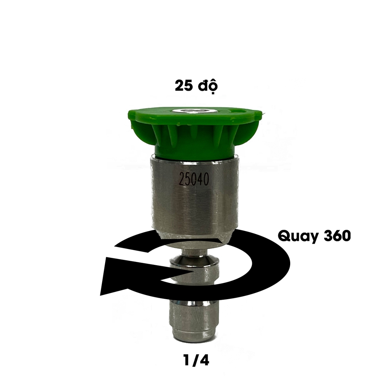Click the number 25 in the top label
coord(184,86)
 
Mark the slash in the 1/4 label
coord(192,361)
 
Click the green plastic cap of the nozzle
coord(194,131)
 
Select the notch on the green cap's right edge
coord(239,111)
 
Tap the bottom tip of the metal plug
coord(192,338)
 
